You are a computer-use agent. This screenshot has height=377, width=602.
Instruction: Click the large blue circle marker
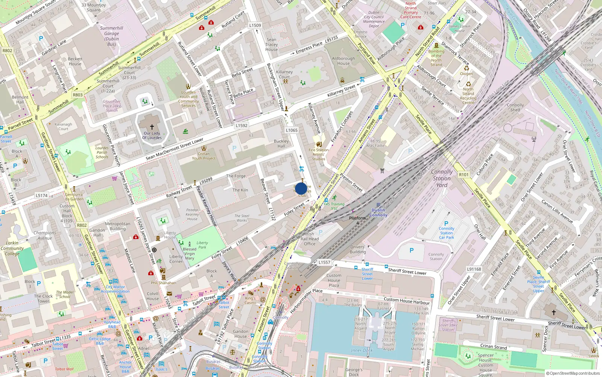click(x=301, y=188)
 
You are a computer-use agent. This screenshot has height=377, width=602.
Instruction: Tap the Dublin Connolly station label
click(x=378, y=213)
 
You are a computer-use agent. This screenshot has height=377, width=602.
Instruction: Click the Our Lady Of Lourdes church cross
click(x=152, y=127)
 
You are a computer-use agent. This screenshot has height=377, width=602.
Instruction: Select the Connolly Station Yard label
click(x=442, y=178)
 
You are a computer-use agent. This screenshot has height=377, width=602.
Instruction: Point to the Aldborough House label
click(x=343, y=61)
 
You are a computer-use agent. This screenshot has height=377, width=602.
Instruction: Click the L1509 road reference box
click(x=255, y=26)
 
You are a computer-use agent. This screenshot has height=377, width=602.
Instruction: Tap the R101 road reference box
click(x=464, y=175)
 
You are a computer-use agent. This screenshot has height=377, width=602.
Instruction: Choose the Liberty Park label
click(x=202, y=245)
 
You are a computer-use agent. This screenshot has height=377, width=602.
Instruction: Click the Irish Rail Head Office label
click(x=310, y=239)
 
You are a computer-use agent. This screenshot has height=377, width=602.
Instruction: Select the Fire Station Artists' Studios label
click(x=319, y=154)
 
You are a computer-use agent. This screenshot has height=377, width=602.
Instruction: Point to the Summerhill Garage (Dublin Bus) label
click(x=111, y=36)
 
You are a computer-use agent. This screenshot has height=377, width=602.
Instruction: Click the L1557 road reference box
click(x=324, y=262)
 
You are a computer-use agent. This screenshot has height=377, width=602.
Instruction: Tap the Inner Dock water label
click(x=362, y=350)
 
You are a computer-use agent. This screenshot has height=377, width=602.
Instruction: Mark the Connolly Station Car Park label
click(x=447, y=233)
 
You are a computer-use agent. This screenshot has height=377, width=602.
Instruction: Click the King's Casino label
click(x=250, y=300)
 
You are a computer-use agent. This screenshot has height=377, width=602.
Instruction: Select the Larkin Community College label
click(x=12, y=248)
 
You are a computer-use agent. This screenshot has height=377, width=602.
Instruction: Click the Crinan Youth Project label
click(x=204, y=156)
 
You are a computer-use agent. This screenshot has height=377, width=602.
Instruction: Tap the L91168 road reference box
click(x=474, y=269)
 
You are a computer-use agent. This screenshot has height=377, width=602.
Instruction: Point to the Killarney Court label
click(x=284, y=74)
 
